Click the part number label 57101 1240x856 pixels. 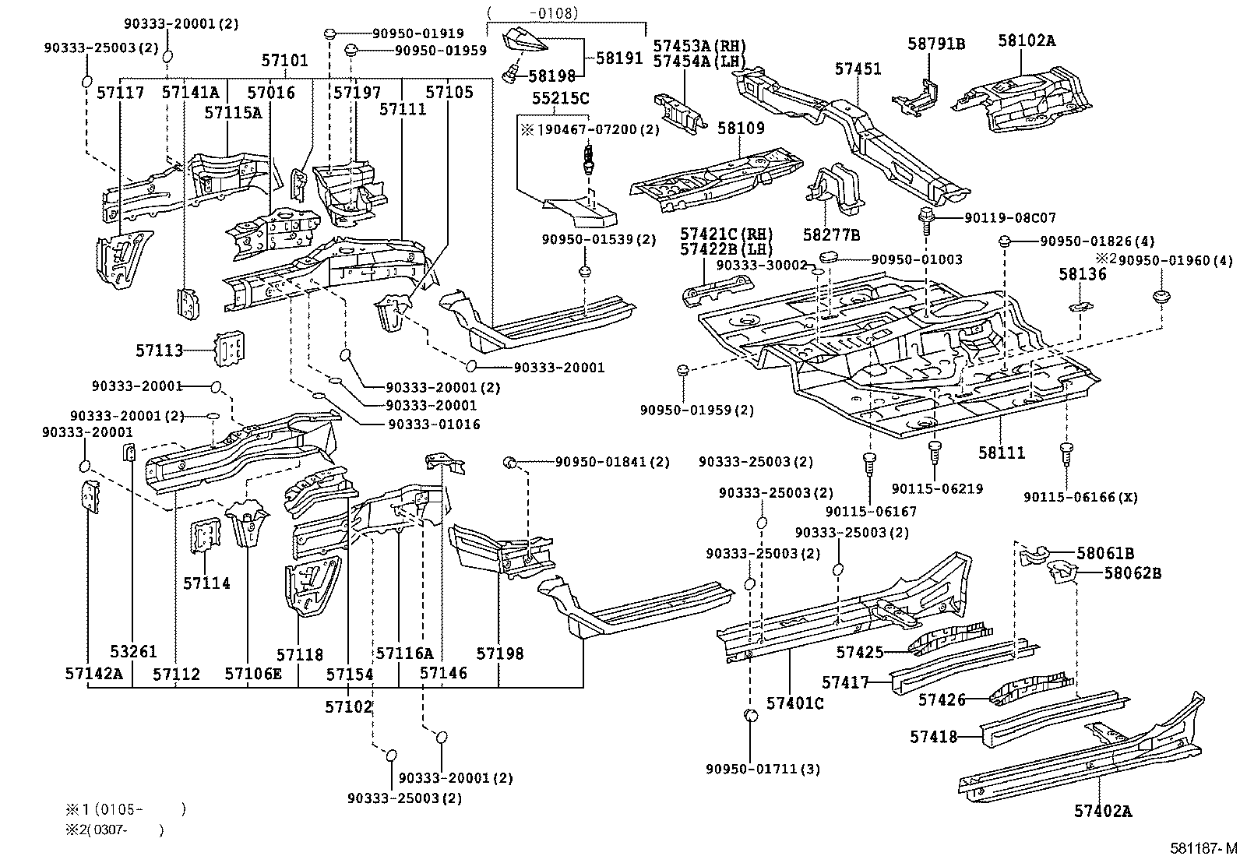coord(284,61)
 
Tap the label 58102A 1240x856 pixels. coord(1026,41)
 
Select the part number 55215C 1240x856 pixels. coord(560,98)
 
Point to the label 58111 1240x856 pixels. coord(1002,452)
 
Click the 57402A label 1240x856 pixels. coord(1102,811)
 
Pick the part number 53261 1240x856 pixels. coord(132,651)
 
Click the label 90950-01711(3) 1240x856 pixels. coord(763,769)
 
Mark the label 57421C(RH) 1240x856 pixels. coord(726,233)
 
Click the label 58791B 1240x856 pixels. coord(935,44)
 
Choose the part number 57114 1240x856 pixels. coord(206,583)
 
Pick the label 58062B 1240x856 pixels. coord(1133,573)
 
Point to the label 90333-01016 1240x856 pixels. coord(432,424)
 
